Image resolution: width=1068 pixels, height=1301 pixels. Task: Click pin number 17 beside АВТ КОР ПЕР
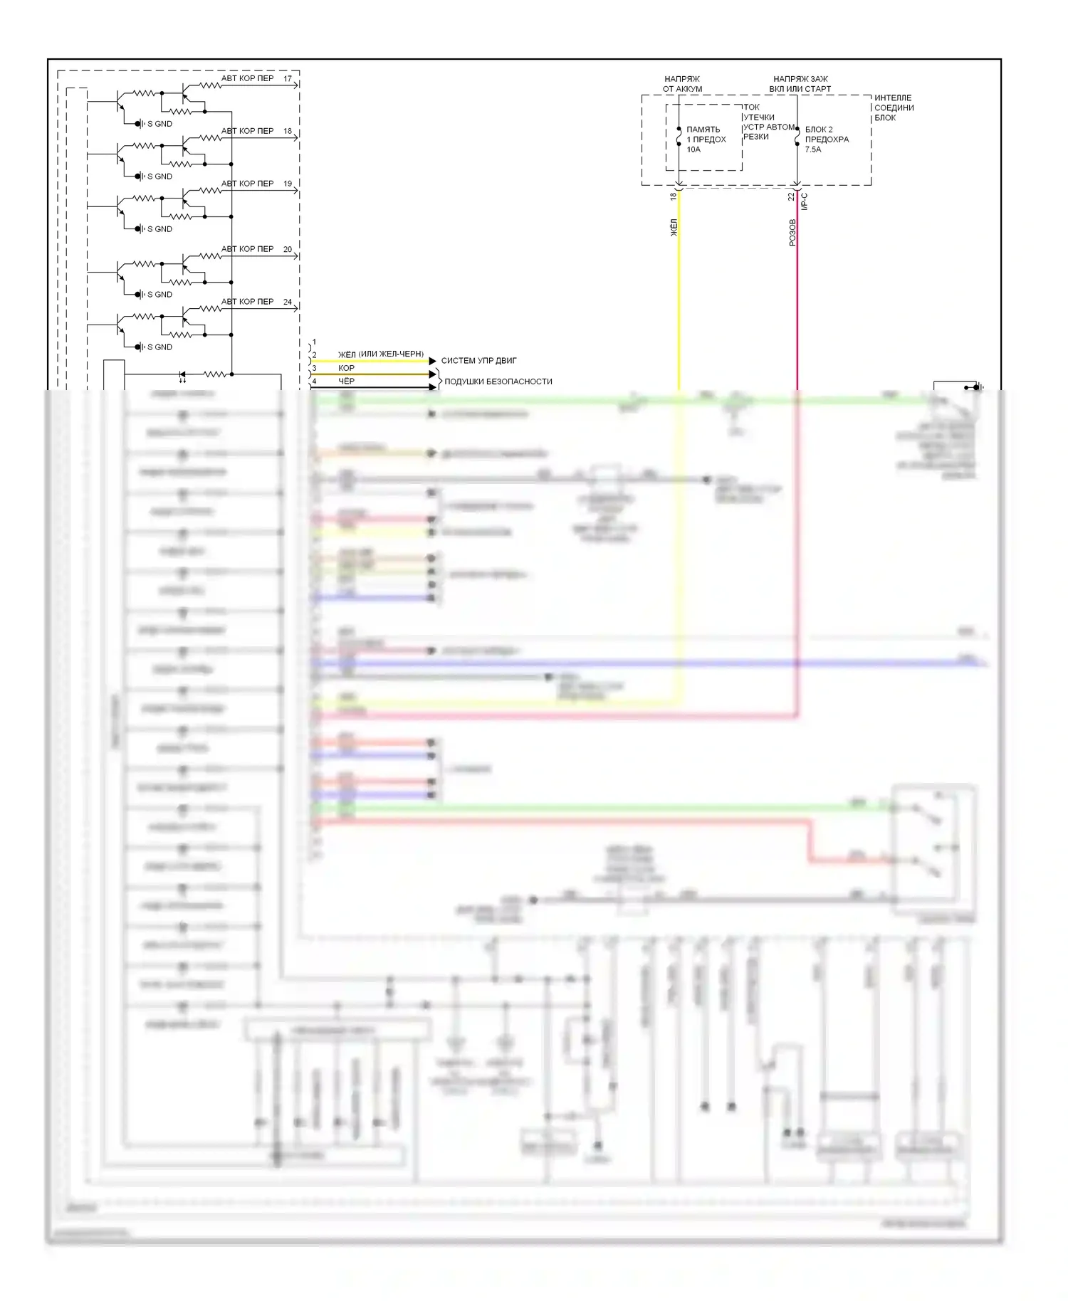tap(288, 79)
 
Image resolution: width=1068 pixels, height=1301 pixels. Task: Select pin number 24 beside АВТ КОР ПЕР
tap(288, 302)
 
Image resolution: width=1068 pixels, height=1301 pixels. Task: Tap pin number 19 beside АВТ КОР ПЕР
tap(288, 184)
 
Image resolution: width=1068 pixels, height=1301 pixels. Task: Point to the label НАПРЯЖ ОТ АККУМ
tap(682, 84)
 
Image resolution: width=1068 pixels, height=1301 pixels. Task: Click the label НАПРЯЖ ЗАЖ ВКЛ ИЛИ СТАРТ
tap(800, 84)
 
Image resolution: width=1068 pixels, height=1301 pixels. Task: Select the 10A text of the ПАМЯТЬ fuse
tap(693, 149)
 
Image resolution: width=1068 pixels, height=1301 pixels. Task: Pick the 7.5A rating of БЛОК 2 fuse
tap(812, 149)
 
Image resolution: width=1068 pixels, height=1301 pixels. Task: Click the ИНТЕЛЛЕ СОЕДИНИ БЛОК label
tap(894, 107)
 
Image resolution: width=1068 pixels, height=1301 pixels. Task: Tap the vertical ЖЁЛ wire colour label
tap(674, 228)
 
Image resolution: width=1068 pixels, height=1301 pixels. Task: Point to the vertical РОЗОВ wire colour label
tap(792, 233)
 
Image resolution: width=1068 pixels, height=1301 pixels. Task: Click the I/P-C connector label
tap(805, 201)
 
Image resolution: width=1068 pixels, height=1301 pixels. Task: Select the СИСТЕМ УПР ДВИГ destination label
tap(478, 361)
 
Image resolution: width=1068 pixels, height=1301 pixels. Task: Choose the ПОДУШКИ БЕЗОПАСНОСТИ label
tap(498, 381)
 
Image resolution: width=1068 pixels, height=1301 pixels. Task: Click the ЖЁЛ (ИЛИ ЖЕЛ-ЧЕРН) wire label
tap(380, 354)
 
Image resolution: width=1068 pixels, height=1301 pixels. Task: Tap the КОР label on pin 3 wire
tap(346, 368)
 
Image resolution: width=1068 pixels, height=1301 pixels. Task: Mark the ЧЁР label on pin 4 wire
tap(346, 381)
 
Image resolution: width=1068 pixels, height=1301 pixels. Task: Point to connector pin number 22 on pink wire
tap(790, 196)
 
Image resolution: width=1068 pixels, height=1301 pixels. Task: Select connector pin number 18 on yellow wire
tap(672, 196)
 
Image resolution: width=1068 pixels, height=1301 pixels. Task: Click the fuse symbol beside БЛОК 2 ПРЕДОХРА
tap(797, 137)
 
